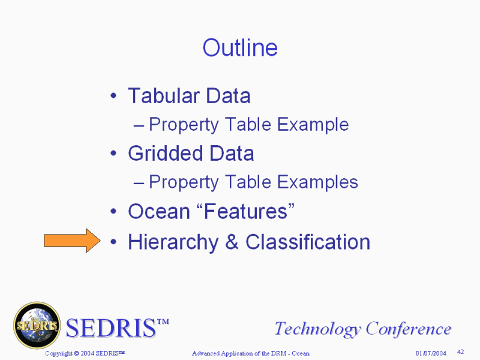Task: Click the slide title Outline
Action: pyautogui.click(x=240, y=48)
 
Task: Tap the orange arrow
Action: pyautogui.click(x=72, y=241)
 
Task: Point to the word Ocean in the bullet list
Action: pyautogui.click(x=159, y=211)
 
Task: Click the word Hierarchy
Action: pyautogui.click(x=173, y=242)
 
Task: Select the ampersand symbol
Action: pyautogui.click(x=232, y=242)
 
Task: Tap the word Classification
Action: pyautogui.click(x=308, y=242)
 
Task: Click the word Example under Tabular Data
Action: pyautogui.click(x=313, y=125)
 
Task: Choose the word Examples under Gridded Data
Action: pyautogui.click(x=317, y=182)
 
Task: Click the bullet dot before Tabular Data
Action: pyautogui.click(x=113, y=96)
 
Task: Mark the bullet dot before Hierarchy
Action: pyautogui.click(x=113, y=242)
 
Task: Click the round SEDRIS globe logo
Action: pyautogui.click(x=37, y=325)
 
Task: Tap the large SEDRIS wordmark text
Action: pyautogui.click(x=117, y=328)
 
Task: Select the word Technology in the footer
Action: pyautogui.click(x=317, y=329)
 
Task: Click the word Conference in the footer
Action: pyautogui.click(x=409, y=329)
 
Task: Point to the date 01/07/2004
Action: pyautogui.click(x=431, y=353)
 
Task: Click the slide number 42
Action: pyautogui.click(x=460, y=352)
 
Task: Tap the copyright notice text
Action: pyautogui.click(x=85, y=353)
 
